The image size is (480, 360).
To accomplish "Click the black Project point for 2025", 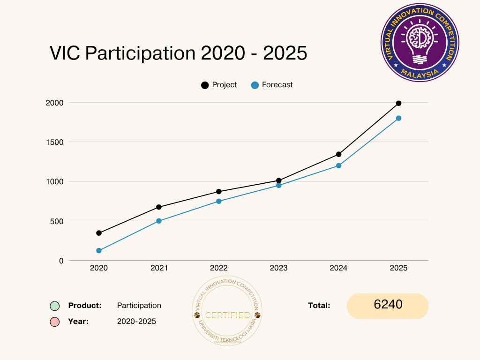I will coord(398,103).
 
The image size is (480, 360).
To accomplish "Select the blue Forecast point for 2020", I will coord(99,251).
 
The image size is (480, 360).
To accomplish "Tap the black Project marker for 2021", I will coord(159,207).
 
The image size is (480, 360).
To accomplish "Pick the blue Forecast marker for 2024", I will coord(338,165).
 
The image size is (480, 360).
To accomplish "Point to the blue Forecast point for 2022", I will coord(219,201).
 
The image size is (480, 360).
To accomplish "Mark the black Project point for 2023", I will coord(278,180).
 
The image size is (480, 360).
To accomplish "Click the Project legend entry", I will coord(219,85).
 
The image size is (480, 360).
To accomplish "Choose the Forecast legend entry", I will coord(272,85).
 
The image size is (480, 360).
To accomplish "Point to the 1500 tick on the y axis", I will coord(54,142).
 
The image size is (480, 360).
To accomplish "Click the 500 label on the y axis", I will coord(57,221).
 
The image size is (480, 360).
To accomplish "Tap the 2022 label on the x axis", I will coord(219,268).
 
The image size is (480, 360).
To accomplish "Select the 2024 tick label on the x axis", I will coord(338,268).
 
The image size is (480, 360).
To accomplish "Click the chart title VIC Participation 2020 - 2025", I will coord(178,53).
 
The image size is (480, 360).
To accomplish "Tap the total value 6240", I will coord(388,305).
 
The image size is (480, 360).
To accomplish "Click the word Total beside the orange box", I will coord(319,305).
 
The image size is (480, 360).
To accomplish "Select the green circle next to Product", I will coord(55,306).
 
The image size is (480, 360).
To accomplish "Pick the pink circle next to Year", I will coord(55,322).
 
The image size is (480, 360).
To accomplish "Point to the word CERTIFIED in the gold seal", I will coord(227,315).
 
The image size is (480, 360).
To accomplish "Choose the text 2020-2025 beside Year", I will coord(136,322).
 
